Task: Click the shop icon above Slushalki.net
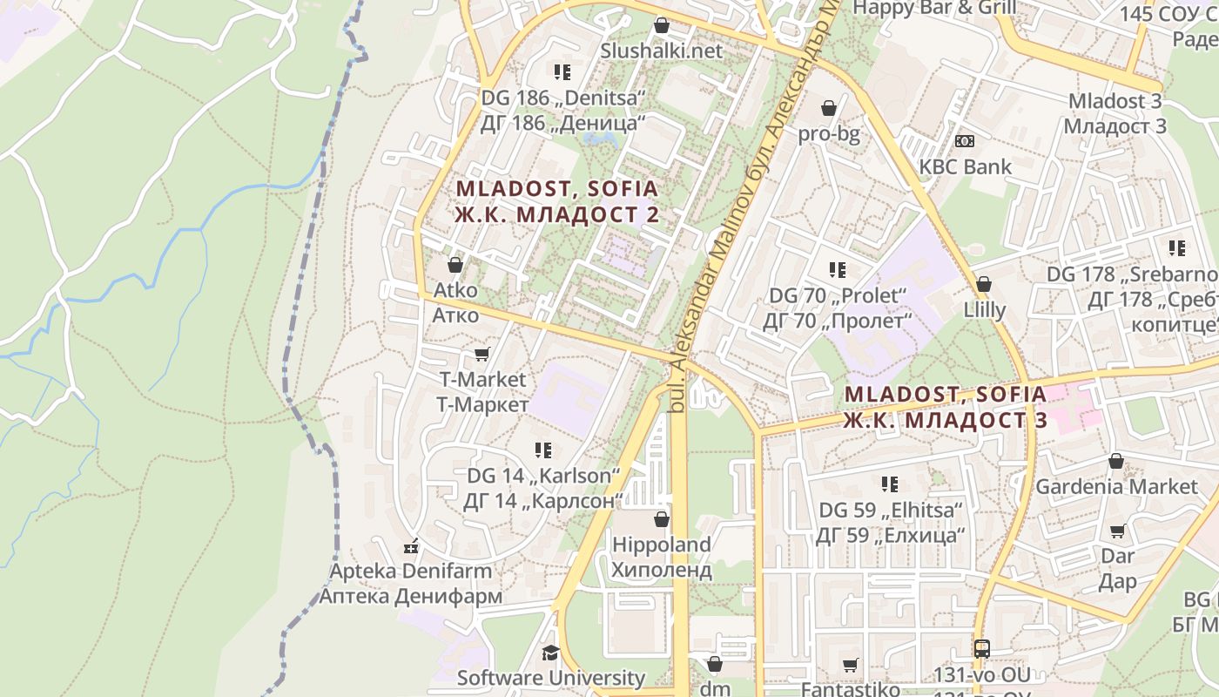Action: point(662,25)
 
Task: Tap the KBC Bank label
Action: point(966,166)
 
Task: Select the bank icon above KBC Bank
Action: point(965,140)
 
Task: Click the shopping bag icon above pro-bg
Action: point(829,108)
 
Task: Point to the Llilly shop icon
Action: point(984,284)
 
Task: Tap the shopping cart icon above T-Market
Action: point(482,354)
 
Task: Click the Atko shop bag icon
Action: point(455,264)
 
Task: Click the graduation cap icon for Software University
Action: point(550,653)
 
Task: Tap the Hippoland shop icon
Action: point(662,519)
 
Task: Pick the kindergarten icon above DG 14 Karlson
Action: point(543,450)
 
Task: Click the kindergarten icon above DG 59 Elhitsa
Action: point(889,484)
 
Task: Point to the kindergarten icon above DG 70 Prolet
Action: point(837,270)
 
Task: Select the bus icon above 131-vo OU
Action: point(982,648)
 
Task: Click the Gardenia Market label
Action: point(1116,486)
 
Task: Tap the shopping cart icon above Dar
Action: point(1118,531)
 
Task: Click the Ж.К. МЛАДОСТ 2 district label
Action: point(556,214)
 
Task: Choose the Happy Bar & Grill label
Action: point(934,8)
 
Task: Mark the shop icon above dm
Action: point(715,664)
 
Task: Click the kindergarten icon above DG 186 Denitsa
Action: point(562,71)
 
